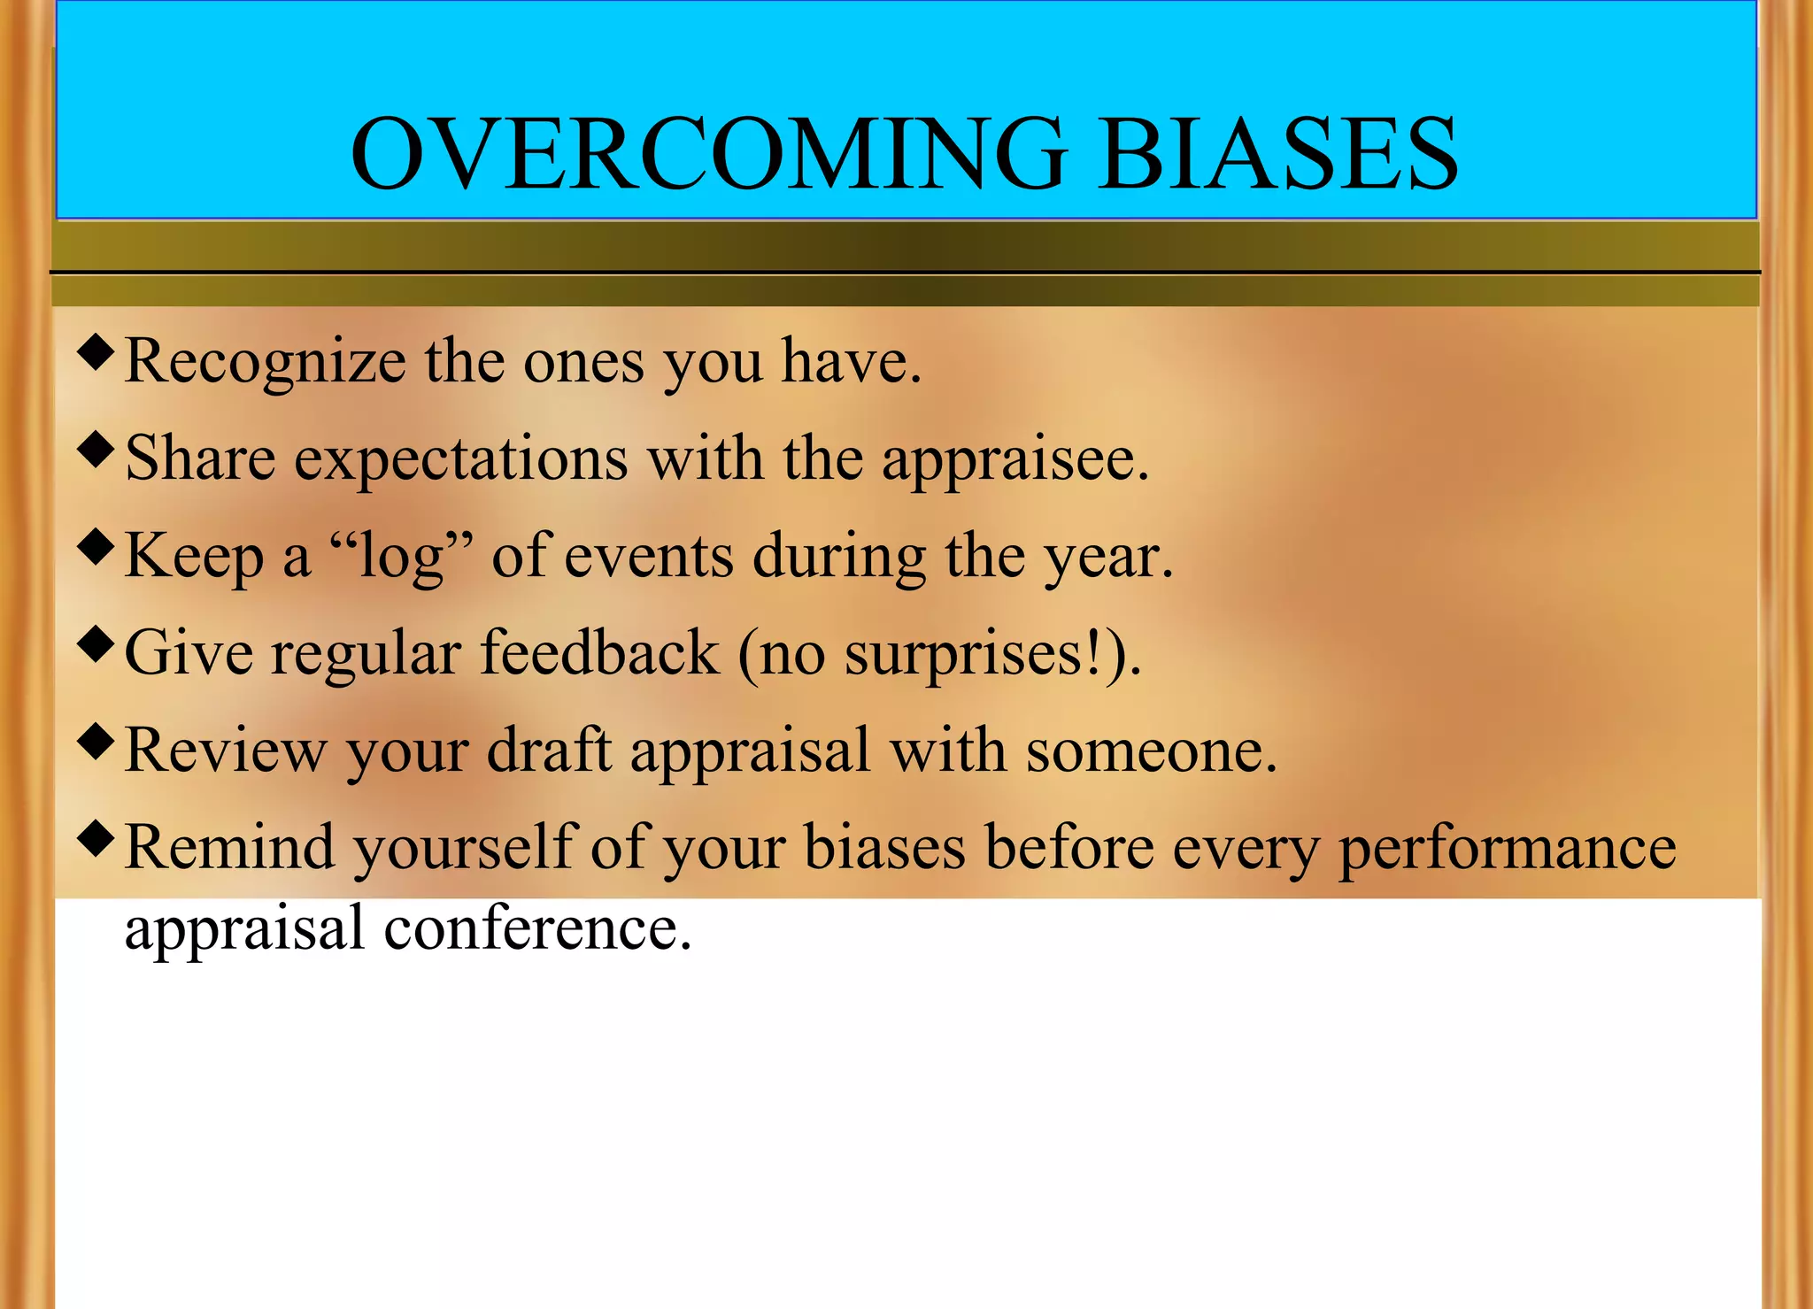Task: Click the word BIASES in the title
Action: coord(1277,155)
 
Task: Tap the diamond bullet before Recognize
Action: coord(96,351)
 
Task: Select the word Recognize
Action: coord(265,363)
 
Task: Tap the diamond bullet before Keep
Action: coord(96,546)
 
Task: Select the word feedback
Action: coord(599,653)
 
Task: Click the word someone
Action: coord(1151,752)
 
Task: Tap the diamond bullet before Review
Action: coord(96,741)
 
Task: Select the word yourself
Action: coord(465,850)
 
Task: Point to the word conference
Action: coord(536,929)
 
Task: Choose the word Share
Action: coord(200,458)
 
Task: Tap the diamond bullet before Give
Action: coord(96,643)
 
